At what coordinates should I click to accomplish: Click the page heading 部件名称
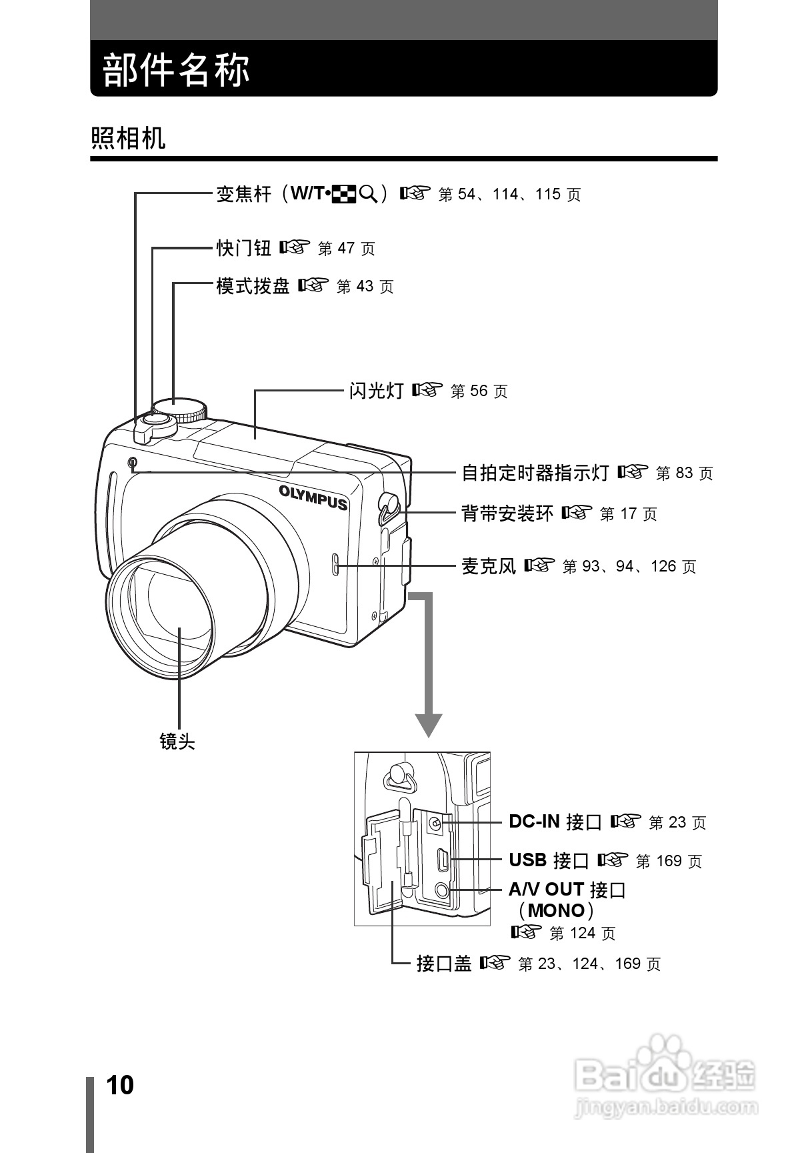pos(176,69)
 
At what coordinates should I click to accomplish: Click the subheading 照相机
pos(128,138)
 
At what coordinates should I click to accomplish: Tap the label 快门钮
pos(244,248)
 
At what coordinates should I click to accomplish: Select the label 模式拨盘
pos(253,286)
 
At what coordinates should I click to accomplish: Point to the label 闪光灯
pos(377,391)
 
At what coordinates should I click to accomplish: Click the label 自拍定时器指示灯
pos(535,473)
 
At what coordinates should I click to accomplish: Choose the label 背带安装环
pos(507,513)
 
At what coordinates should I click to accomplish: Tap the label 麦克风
pos(489,566)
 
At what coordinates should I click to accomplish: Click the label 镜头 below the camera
pos(177,741)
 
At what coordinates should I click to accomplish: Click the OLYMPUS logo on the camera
pos(313,497)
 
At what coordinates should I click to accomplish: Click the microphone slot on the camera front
pos(335,564)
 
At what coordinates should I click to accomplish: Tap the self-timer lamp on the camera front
pos(133,462)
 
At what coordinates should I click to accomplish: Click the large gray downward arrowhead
pos(429,724)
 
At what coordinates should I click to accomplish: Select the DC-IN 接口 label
pos(555,822)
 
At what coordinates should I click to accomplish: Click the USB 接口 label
pos(549,860)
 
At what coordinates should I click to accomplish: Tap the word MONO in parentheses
pos(556,910)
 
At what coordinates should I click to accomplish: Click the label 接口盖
pos(444,964)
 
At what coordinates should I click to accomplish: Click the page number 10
pos(120,1085)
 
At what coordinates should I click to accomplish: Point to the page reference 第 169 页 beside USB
pos(669,861)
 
